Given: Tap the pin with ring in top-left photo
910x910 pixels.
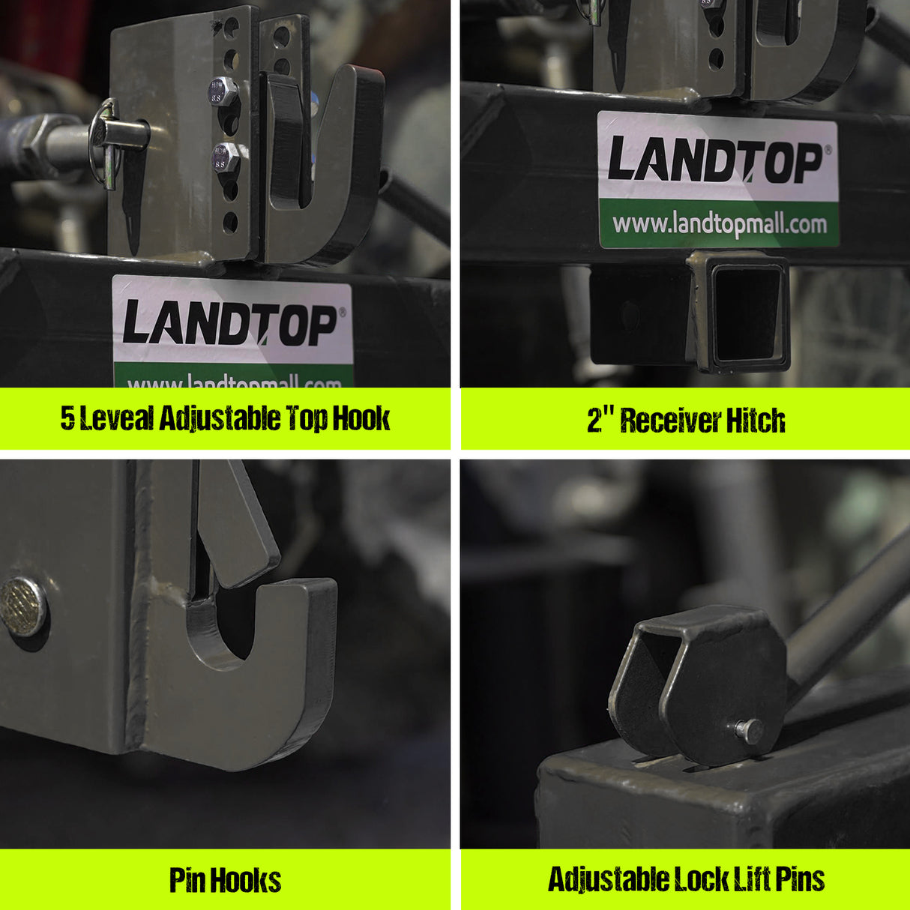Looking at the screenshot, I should (118, 136).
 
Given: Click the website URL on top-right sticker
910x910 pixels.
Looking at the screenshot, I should (719, 223).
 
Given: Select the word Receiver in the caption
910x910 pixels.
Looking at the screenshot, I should (660, 420).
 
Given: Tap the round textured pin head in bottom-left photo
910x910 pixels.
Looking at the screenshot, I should (22, 606).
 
